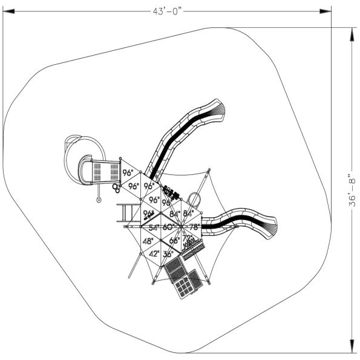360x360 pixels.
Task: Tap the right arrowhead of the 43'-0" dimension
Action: tap(326, 10)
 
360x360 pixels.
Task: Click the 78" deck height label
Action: tap(193, 227)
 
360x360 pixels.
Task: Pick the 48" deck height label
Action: tap(148, 241)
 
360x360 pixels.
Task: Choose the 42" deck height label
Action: tap(154, 254)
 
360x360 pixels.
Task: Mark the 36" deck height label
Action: tap(168, 254)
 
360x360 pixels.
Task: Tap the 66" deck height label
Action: tap(174, 241)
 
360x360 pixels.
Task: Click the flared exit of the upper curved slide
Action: tap(220, 108)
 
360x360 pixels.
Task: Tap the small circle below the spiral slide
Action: tap(97, 198)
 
